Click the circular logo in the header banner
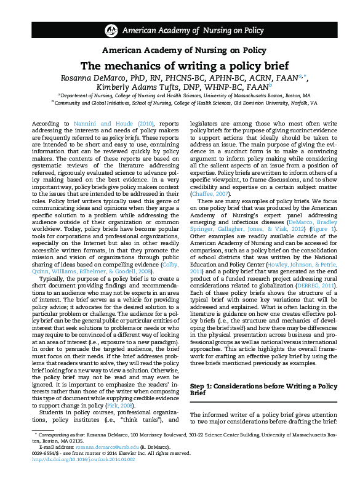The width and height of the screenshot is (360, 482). click(111, 30)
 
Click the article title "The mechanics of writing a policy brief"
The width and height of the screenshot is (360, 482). click(180, 66)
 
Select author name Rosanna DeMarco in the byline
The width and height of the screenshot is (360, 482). click(94, 78)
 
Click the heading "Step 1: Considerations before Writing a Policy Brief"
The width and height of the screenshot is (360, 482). click(263, 388)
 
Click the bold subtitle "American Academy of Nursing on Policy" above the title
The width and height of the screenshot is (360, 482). click(180, 50)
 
